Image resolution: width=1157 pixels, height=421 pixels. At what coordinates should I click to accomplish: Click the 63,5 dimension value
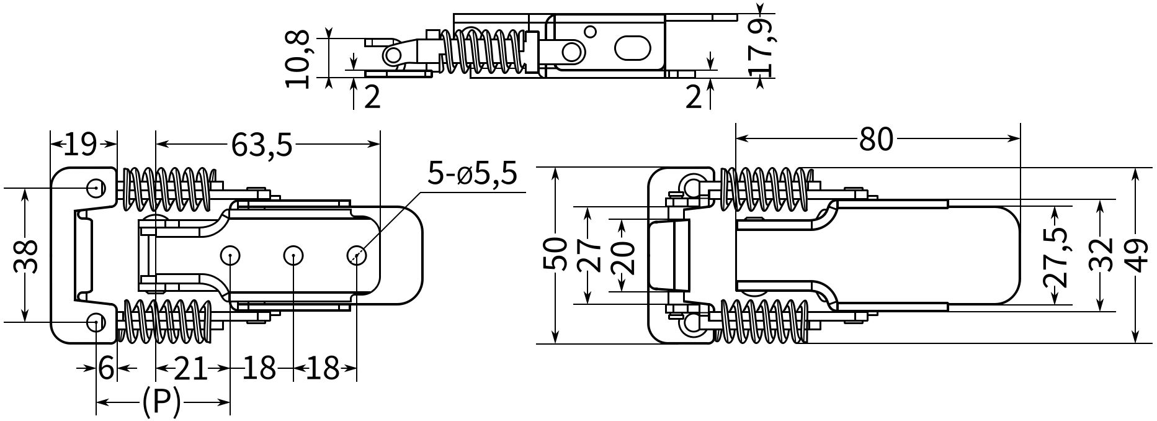point(261,145)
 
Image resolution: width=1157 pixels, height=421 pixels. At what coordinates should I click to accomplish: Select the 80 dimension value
point(876,139)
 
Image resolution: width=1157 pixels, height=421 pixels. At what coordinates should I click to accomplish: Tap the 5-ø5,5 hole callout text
point(472,175)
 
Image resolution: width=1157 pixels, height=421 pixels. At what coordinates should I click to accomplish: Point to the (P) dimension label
point(161,402)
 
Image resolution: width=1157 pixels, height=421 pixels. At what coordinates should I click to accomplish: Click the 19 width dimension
point(81,145)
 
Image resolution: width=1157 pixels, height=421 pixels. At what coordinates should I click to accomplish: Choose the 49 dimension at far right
point(1135,255)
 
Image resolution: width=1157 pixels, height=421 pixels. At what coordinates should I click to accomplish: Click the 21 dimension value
point(190,369)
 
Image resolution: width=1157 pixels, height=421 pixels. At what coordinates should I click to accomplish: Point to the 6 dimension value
point(107,369)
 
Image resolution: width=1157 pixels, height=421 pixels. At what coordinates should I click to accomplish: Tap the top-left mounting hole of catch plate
point(95,187)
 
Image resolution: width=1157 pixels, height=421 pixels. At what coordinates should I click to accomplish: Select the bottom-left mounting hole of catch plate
point(95,321)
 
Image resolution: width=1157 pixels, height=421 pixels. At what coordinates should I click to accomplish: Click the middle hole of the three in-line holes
point(293,255)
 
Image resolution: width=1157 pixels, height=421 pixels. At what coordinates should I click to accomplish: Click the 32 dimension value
point(1101,255)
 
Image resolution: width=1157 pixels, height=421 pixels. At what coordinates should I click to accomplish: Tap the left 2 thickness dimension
point(372,97)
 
